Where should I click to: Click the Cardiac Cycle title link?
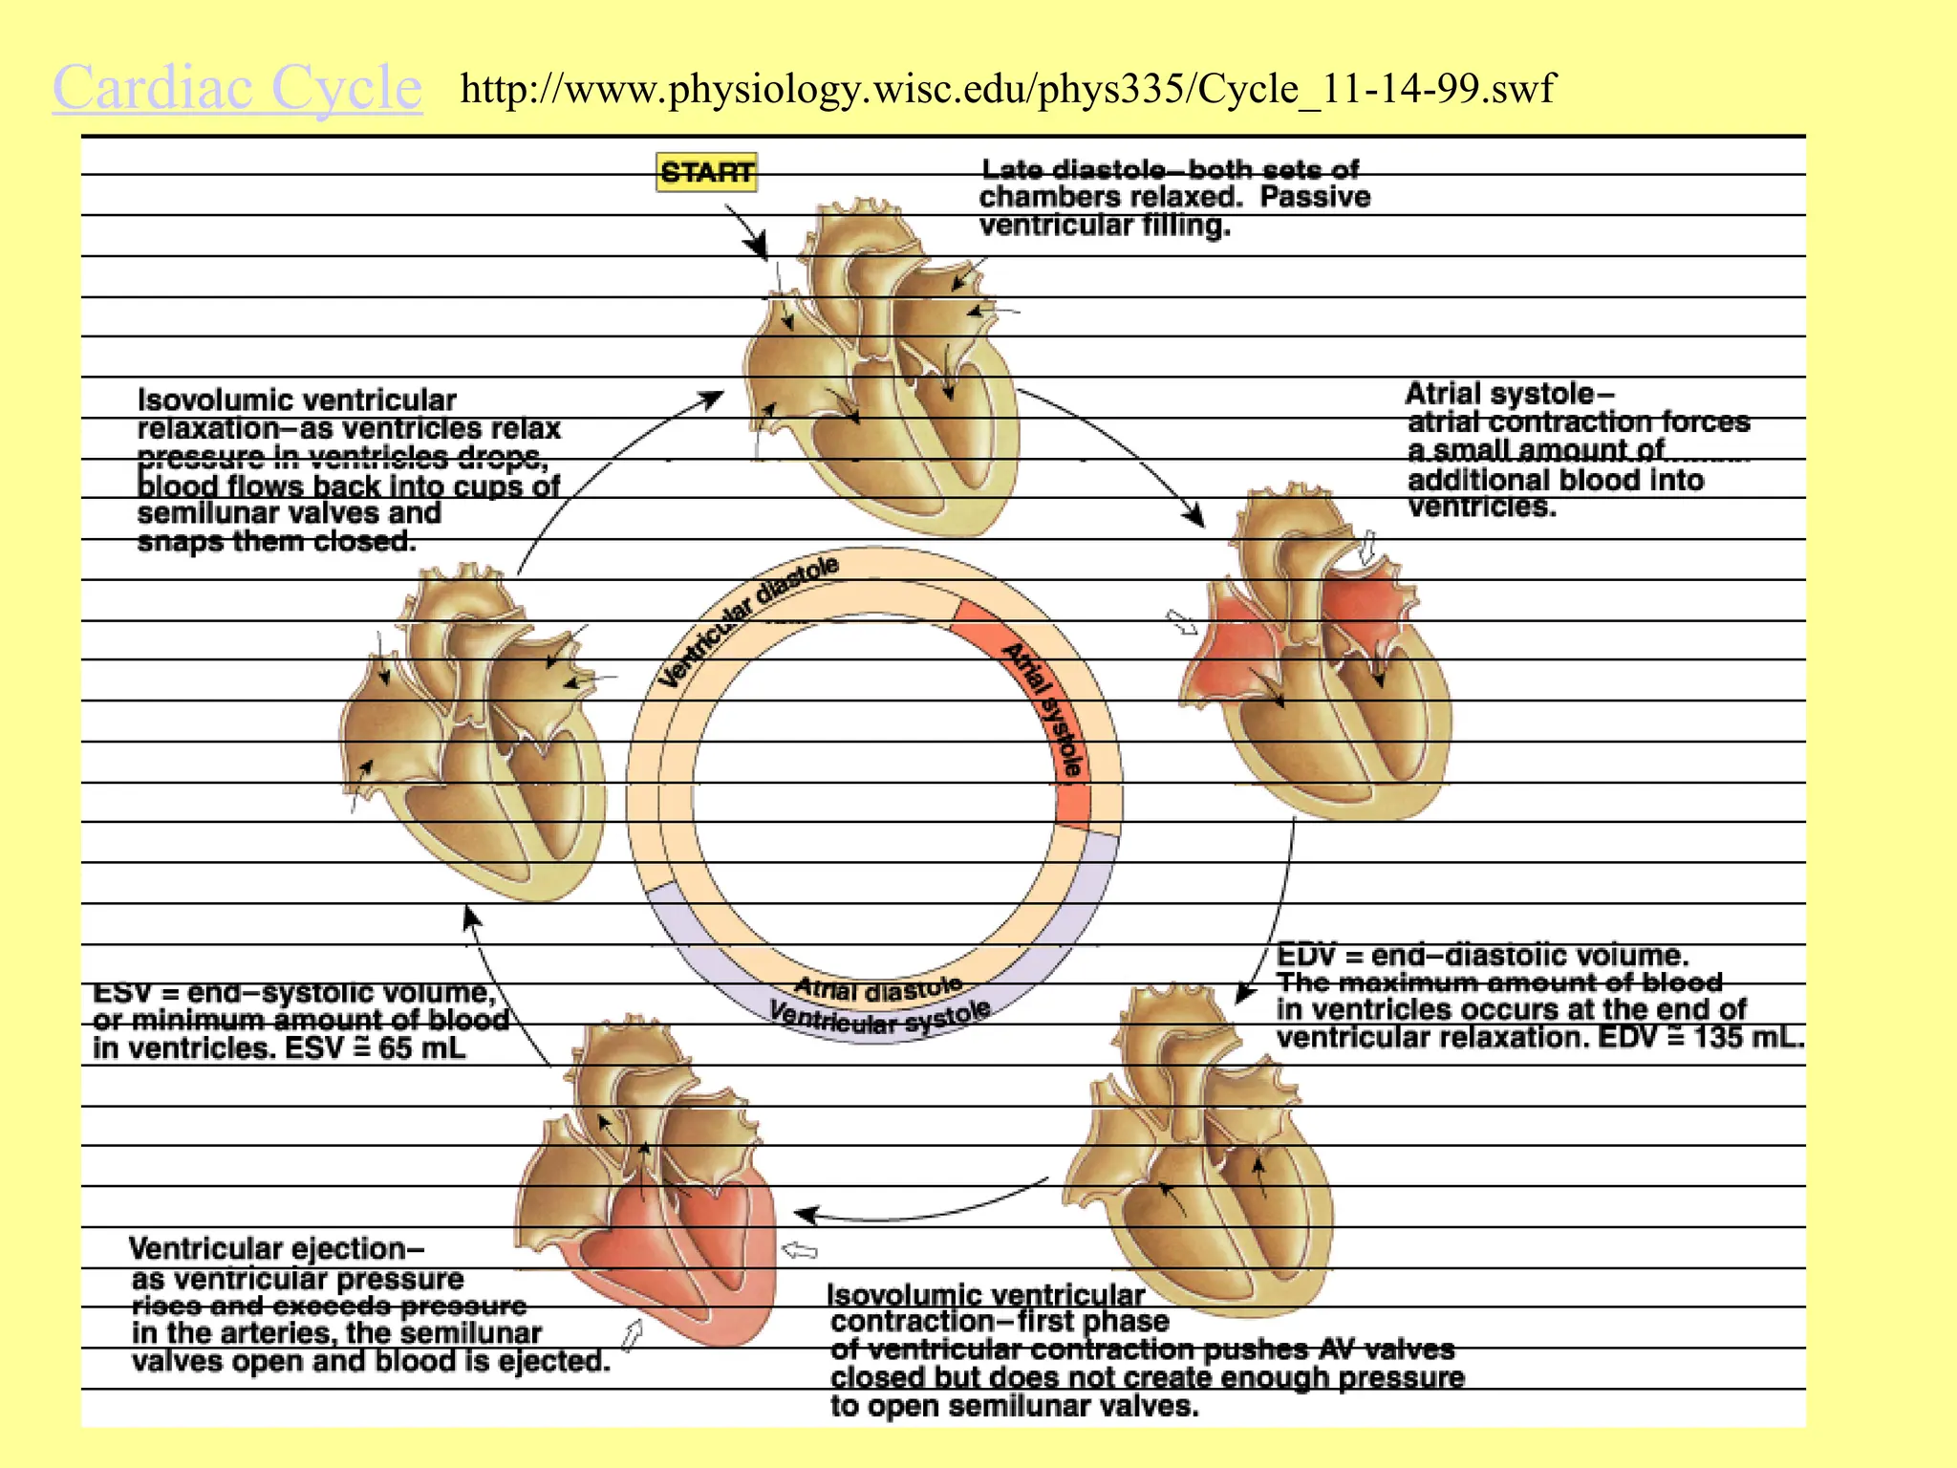237,88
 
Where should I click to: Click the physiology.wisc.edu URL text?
1007,89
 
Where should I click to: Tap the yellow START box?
706,172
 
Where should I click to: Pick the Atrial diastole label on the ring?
878,988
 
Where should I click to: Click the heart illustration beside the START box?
879,373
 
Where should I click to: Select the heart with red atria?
1319,659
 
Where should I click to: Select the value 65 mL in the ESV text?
421,1048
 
